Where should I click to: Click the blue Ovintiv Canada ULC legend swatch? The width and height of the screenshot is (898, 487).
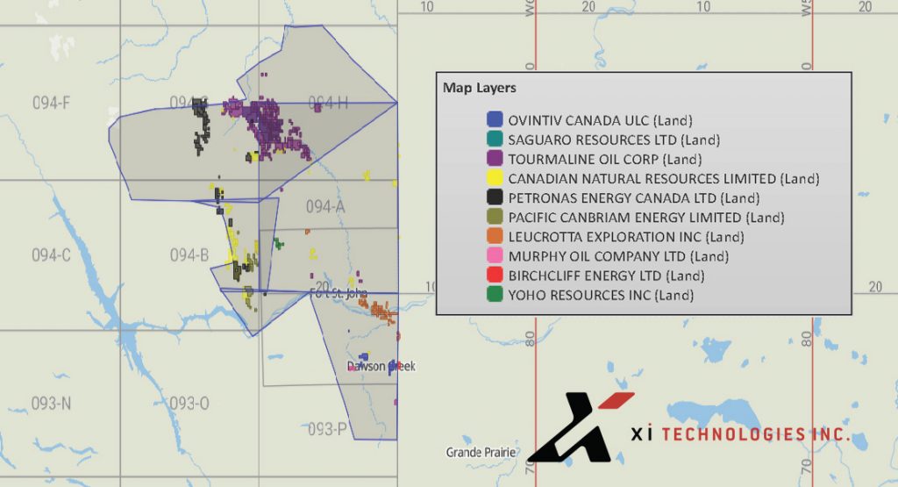tap(495, 119)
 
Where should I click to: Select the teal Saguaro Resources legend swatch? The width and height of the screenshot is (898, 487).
tap(495, 139)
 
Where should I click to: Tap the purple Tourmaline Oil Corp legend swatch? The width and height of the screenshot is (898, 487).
tap(495, 159)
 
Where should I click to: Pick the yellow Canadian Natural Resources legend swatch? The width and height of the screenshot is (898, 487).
tap(495, 178)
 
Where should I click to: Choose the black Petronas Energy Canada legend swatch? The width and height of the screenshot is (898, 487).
tap(495, 197)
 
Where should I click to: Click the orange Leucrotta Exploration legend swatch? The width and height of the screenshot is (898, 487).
tap(495, 237)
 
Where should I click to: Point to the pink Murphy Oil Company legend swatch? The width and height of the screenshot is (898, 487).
tap(495, 256)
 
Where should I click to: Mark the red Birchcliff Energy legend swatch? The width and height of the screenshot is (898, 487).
tap(495, 276)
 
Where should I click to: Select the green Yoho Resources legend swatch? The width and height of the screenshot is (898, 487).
tap(495, 295)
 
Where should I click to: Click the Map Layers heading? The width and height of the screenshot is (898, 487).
tap(479, 88)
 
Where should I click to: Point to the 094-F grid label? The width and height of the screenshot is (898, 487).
tap(51, 103)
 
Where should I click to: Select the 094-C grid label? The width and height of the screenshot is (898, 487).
tap(51, 255)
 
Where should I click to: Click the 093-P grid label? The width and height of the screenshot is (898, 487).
tap(326, 429)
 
